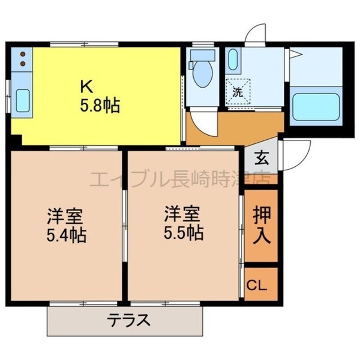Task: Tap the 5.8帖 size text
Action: pos(100,106)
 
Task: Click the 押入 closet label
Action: pos(261,225)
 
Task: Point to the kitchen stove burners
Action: pos(23,58)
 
